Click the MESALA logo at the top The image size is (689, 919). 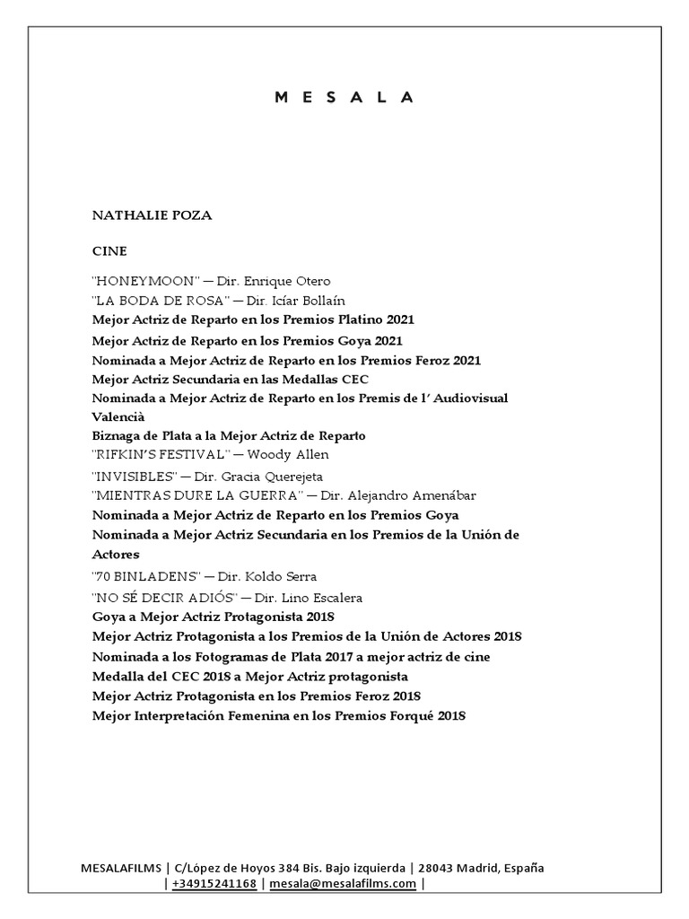pyautogui.click(x=344, y=98)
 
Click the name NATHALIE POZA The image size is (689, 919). pyautogui.click(x=152, y=215)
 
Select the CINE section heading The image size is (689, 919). pyautogui.click(x=109, y=252)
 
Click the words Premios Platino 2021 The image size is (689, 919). pyautogui.click(x=353, y=319)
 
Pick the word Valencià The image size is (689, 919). pyautogui.click(x=118, y=417)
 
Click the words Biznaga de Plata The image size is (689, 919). pyautogui.click(x=141, y=435)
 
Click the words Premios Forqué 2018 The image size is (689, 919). pyautogui.click(x=396, y=716)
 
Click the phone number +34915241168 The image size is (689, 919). pyautogui.click(x=214, y=884)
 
